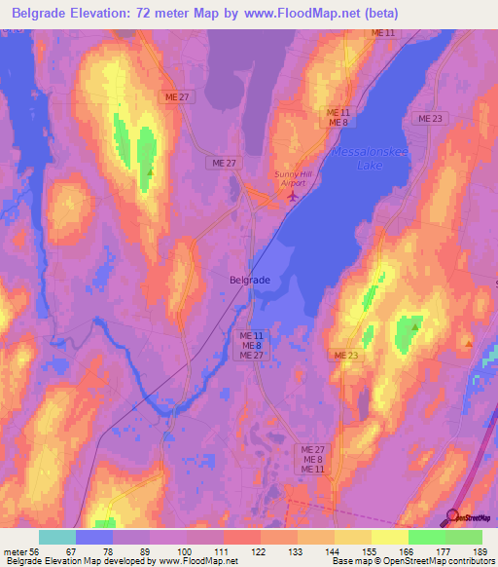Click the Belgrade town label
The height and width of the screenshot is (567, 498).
click(x=250, y=279)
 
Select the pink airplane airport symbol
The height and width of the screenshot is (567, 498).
click(x=294, y=197)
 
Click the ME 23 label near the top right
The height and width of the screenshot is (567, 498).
click(x=429, y=118)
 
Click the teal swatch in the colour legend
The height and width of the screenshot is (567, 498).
click(x=57, y=537)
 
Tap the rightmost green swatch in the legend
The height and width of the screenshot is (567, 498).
click(x=464, y=537)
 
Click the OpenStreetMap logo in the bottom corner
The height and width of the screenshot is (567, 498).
click(x=473, y=516)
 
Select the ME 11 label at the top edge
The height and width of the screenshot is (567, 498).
click(x=383, y=33)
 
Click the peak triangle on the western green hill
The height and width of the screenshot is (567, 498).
click(x=150, y=172)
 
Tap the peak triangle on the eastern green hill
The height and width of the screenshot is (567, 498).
click(x=414, y=327)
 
